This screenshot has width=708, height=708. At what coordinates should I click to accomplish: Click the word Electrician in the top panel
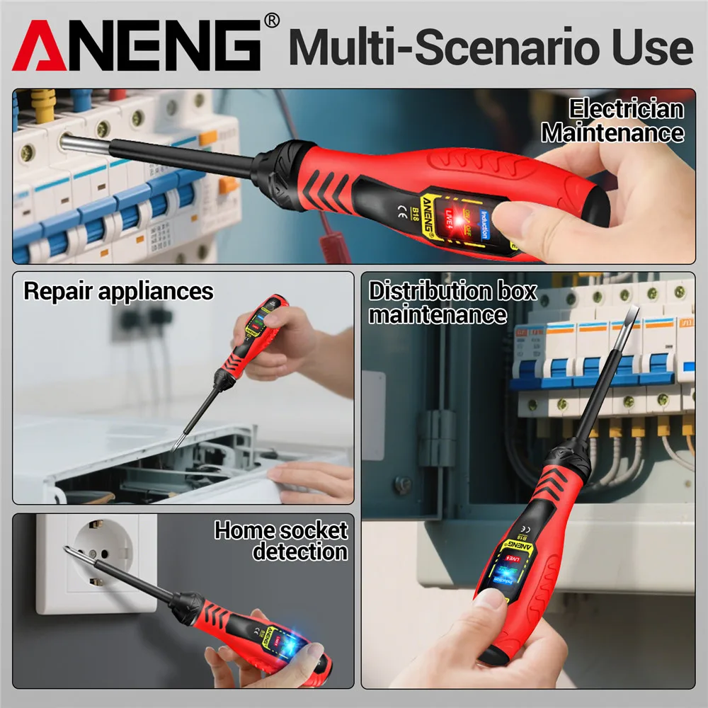(x=627, y=109)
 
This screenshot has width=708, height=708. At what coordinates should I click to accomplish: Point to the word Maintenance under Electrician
(x=613, y=132)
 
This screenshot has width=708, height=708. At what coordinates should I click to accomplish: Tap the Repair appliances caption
(x=118, y=291)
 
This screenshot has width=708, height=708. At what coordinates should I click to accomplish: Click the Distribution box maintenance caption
(x=452, y=302)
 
